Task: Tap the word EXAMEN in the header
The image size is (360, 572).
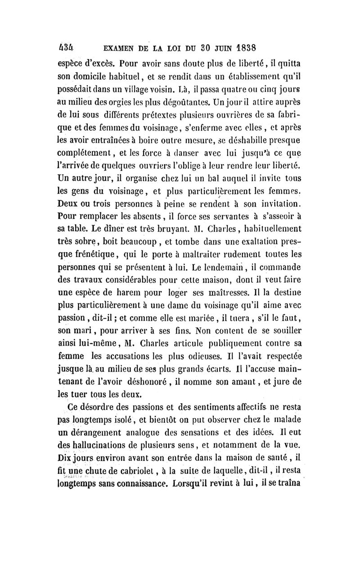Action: pos(120,48)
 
